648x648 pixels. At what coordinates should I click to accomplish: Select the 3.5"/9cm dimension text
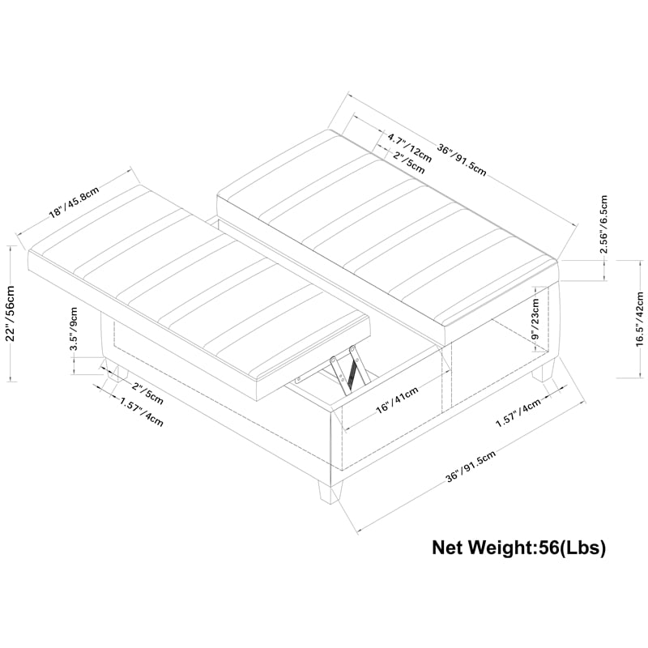pos(74,328)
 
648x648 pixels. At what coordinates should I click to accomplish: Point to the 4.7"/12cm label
pos(409,147)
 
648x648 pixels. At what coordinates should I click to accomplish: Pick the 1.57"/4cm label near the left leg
pos(141,414)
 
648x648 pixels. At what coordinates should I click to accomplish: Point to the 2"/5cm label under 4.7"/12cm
pos(407,161)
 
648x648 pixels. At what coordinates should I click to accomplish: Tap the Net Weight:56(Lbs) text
pos(518,548)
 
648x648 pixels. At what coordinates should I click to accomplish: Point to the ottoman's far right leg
pos(543,374)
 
